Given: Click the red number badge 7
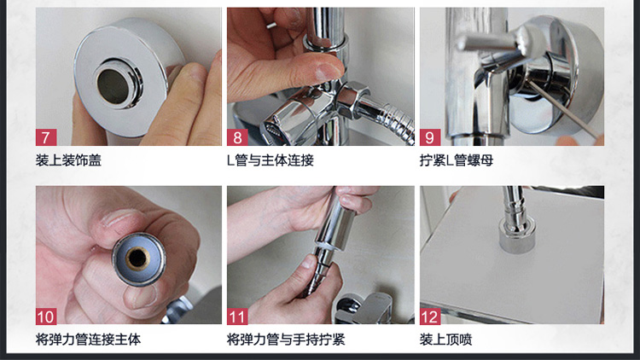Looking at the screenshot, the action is [x=46, y=137].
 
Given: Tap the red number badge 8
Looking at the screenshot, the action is [x=237, y=137].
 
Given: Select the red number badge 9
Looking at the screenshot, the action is [x=430, y=137].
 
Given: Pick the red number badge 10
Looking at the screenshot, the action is [x=46, y=316].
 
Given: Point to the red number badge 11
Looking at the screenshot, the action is [x=237, y=316].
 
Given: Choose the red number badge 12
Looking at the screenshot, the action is [x=430, y=316].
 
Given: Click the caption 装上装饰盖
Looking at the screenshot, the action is [x=68, y=160].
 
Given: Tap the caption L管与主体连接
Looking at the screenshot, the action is [x=271, y=160].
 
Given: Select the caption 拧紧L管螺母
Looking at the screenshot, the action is [x=457, y=160].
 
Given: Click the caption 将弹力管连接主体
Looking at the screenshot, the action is [x=88, y=340].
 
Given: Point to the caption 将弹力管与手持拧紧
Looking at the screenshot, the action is [x=286, y=340].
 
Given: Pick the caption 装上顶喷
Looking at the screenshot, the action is [x=445, y=340].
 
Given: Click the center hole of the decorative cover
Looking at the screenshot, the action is [x=113, y=86].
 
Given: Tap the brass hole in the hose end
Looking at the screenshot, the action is [x=137, y=258].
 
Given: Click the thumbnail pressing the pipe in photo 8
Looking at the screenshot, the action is [x=323, y=68].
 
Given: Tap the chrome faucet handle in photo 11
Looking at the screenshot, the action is [x=364, y=307].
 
